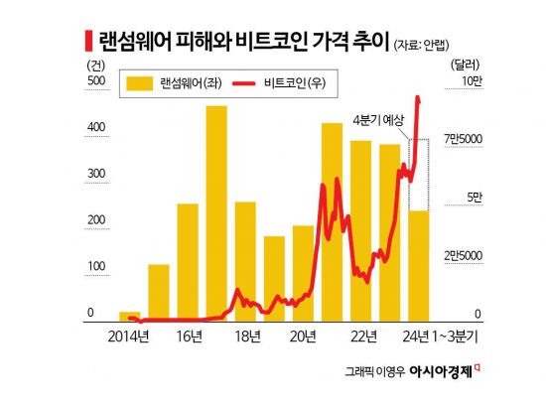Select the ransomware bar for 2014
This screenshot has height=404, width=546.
coord(130,316)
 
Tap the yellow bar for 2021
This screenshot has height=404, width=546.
coord(332,222)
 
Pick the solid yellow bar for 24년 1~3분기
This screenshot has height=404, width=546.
coord(419,266)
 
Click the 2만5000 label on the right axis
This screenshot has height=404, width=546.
coord(464,256)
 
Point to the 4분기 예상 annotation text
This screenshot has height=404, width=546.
coord(378,119)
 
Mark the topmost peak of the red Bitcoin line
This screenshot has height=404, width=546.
coord(418,97)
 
